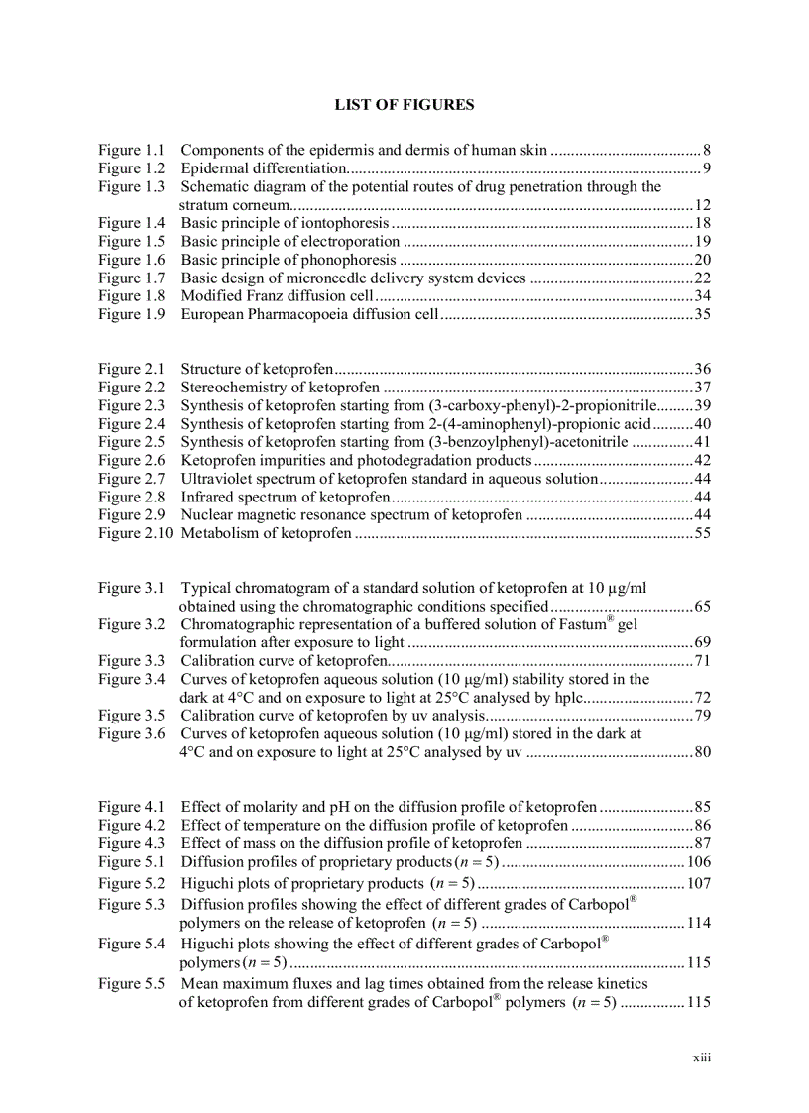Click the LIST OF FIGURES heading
tap(404, 104)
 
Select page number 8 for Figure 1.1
tap(706, 151)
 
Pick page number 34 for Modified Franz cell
tap(702, 295)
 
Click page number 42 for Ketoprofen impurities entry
tap(702, 460)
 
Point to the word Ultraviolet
tap(218, 478)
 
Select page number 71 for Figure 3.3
tap(702, 661)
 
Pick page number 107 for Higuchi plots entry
tap(698, 883)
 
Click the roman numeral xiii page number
tap(702, 1057)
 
